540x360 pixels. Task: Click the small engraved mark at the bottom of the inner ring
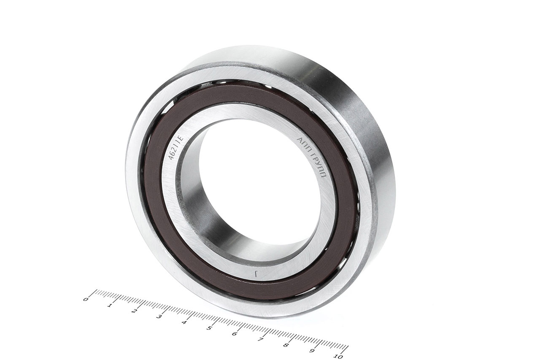click(x=256, y=273)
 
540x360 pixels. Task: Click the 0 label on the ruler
click(x=85, y=300)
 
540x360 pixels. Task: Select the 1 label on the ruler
click(x=110, y=306)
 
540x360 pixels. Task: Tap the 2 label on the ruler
click(x=134, y=311)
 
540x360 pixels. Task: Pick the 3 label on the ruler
click(x=159, y=317)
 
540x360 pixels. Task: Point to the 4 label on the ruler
click(x=184, y=322)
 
